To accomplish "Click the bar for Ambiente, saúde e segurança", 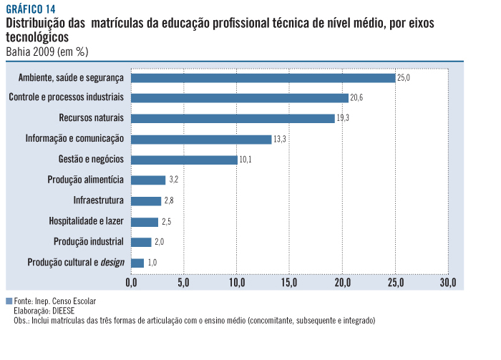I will tap(263, 77).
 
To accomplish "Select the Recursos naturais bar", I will tap(233, 118).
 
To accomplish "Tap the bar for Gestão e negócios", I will tap(184, 160).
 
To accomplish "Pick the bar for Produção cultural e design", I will tap(137, 263).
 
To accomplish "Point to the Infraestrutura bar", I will tap(146, 201).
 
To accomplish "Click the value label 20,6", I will tap(357, 97).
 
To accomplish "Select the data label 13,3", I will tap(280, 139).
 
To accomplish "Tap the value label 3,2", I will tap(173, 180).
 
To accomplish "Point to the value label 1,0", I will tap(152, 263).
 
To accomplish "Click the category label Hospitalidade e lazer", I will tap(87, 221).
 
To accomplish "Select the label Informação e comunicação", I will tap(74, 139).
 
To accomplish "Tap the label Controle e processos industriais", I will tap(66, 97).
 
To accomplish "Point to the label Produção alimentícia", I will tap(87, 180).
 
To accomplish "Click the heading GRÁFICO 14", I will tap(31, 9).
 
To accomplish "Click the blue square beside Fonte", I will tap(9, 301).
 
